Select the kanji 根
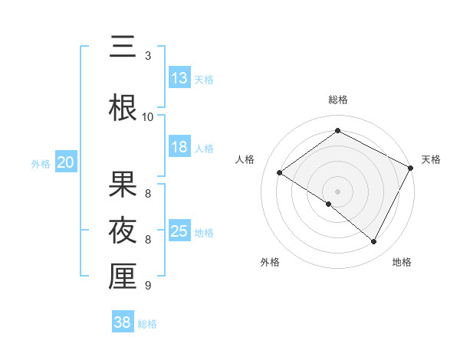tap(123, 106)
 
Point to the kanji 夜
tap(123, 230)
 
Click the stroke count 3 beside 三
tap(148, 56)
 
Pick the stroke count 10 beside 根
tap(148, 116)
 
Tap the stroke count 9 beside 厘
tap(148, 286)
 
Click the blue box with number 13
tap(179, 78)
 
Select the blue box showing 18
tap(179, 147)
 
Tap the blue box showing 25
tap(179, 231)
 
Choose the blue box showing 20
tap(66, 162)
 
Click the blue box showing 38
tap(123, 323)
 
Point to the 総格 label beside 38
tap(148, 324)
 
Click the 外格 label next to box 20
tap(41, 163)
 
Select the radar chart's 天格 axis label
tap(431, 159)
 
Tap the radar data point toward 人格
tap(280, 172)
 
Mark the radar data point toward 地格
tap(374, 242)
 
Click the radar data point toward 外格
tap(329, 205)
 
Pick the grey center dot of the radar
tap(337, 191)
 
